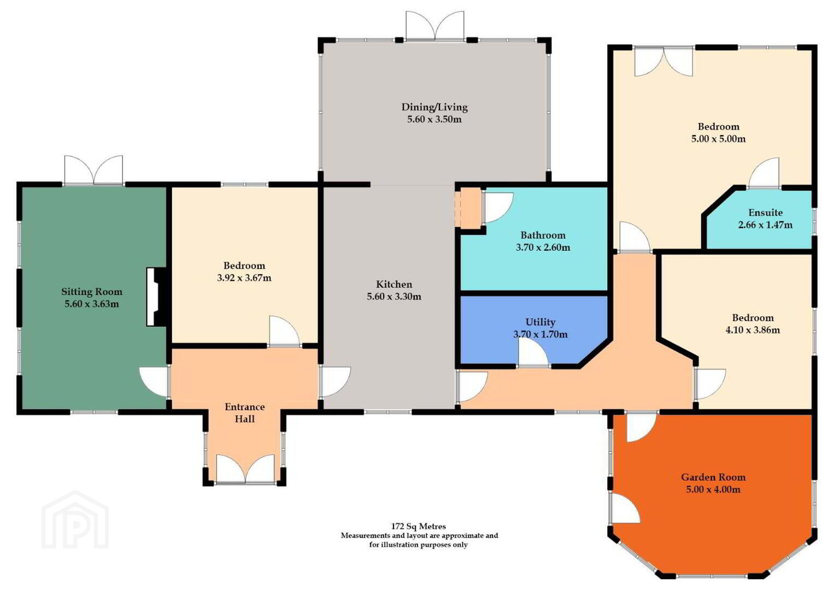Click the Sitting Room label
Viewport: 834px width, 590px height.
tap(92, 292)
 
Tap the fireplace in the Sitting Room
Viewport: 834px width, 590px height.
tap(156, 297)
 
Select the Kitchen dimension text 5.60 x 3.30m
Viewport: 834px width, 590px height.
tap(394, 297)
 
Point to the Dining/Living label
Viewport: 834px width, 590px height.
tap(434, 107)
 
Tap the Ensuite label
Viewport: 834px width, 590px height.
tap(766, 213)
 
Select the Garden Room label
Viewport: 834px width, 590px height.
tap(713, 477)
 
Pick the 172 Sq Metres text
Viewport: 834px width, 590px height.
tap(419, 526)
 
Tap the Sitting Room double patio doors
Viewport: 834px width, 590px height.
tap(93, 170)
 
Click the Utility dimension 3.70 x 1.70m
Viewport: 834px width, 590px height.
tap(541, 334)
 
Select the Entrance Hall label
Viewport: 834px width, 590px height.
tap(245, 413)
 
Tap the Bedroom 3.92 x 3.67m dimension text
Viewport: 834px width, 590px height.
tap(244, 278)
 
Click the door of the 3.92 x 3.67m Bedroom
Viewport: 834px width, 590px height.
tap(284, 331)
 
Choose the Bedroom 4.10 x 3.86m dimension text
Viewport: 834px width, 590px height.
tap(753, 330)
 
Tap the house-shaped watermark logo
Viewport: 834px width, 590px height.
tap(75, 520)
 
